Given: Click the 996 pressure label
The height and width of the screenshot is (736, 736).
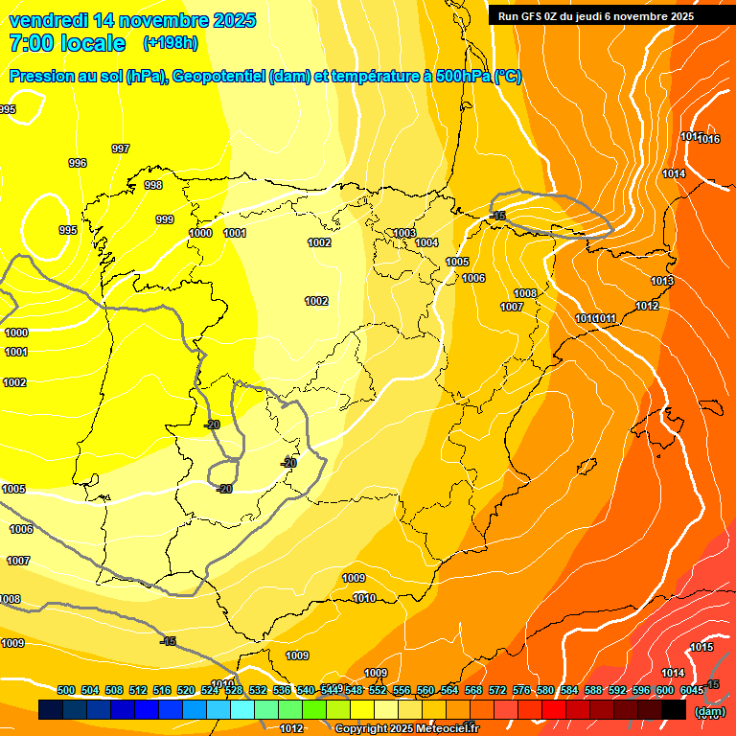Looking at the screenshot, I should click(x=78, y=163).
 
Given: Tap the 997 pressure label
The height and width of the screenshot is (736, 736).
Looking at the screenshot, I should click(x=121, y=149).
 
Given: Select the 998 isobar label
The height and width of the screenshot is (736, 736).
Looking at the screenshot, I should click(x=153, y=185).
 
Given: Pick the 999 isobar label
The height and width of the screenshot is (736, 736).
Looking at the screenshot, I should click(x=165, y=219).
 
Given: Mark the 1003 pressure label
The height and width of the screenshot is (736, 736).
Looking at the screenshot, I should click(x=404, y=233).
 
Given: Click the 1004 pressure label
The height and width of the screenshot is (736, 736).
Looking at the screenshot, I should click(x=426, y=242).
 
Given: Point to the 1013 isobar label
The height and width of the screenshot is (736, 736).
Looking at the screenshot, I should click(x=662, y=281).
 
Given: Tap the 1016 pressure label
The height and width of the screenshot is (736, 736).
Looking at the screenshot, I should click(x=709, y=140).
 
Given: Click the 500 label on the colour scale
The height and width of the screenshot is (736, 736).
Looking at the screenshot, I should click(x=66, y=690).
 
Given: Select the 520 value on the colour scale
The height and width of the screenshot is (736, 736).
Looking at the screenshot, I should click(x=186, y=690).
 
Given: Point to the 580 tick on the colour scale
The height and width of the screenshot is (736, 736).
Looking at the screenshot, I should click(x=545, y=690).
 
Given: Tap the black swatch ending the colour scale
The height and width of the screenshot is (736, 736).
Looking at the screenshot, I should click(x=674, y=710).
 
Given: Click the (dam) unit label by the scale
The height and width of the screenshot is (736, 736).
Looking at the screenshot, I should click(x=709, y=711).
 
